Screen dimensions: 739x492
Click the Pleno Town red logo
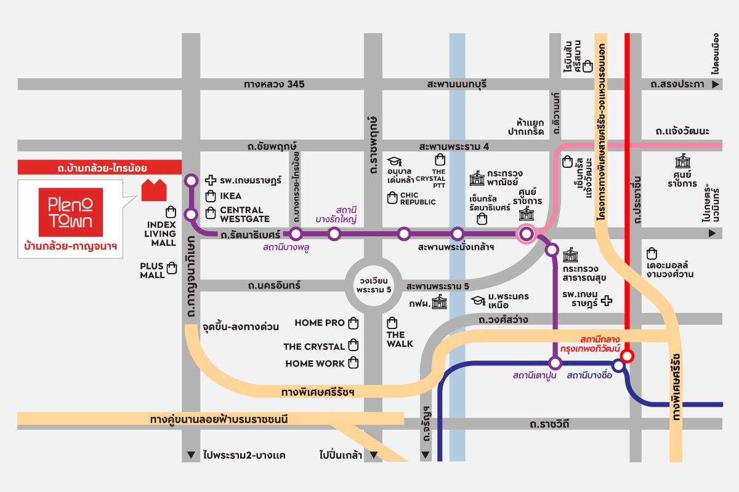click(x=71, y=212)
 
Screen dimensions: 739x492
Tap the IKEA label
click(x=230, y=196)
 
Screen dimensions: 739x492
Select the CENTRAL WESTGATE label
click(x=245, y=215)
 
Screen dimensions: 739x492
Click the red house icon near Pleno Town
click(x=154, y=190)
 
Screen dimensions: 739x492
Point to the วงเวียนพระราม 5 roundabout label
click(x=374, y=285)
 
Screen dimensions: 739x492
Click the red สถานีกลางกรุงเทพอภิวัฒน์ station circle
click(x=627, y=356)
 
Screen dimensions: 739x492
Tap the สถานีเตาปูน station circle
click(x=555, y=363)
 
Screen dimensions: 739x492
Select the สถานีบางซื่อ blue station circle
click(x=618, y=365)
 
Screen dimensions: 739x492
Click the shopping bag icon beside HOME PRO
click(x=353, y=323)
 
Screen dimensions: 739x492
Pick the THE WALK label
click(x=400, y=339)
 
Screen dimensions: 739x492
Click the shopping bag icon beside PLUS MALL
click(x=172, y=268)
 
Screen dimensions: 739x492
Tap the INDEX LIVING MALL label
click(x=160, y=234)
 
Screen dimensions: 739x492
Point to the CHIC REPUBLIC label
click(x=418, y=199)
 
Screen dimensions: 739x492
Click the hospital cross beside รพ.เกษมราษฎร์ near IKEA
click(x=211, y=180)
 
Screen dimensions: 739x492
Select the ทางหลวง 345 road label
click(x=274, y=84)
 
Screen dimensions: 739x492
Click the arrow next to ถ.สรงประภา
click(x=715, y=84)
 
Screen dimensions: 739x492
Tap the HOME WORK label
click(x=315, y=363)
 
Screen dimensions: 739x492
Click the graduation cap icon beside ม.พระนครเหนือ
click(x=478, y=301)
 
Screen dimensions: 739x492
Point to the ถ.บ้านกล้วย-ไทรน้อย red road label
click(x=102, y=168)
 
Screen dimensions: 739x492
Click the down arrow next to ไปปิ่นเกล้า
click(x=373, y=455)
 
